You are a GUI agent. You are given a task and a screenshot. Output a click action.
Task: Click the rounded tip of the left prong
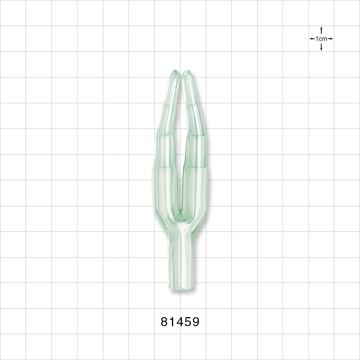(x=175, y=73)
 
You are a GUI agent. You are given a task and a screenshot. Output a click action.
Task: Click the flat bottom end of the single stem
(x=181, y=288)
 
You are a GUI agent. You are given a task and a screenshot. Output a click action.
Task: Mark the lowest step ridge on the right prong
(x=196, y=167)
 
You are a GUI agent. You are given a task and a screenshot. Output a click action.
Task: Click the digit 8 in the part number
(x=165, y=321)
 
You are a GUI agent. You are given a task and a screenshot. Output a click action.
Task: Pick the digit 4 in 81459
(x=179, y=321)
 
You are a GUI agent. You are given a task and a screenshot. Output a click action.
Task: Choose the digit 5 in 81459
(x=188, y=321)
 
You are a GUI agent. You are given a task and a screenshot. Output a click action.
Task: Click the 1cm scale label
(x=321, y=39)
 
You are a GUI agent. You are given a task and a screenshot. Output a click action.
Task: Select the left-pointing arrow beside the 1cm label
(x=312, y=39)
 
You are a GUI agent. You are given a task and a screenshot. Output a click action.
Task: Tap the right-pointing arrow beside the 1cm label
(x=330, y=39)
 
